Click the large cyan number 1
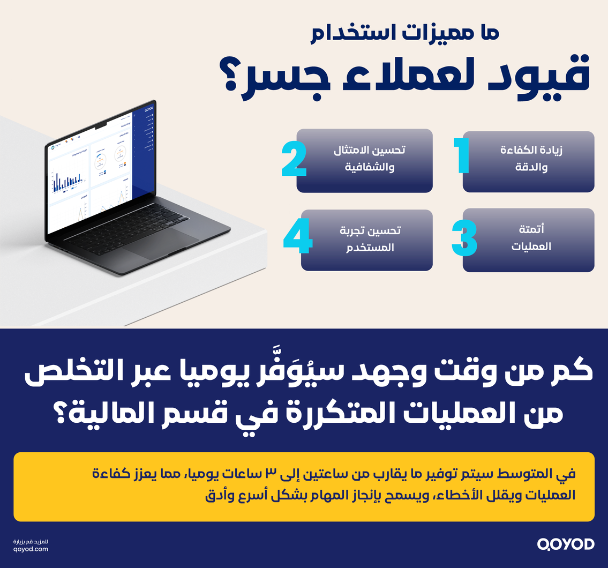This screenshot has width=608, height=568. click(461, 156)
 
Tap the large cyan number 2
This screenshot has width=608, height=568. click(294, 159)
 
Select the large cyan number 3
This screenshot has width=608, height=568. click(464, 237)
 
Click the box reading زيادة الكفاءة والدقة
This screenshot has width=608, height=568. click(528, 161)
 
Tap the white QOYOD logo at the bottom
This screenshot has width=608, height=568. click(566, 544)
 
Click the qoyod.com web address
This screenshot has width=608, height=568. click(31, 549)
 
